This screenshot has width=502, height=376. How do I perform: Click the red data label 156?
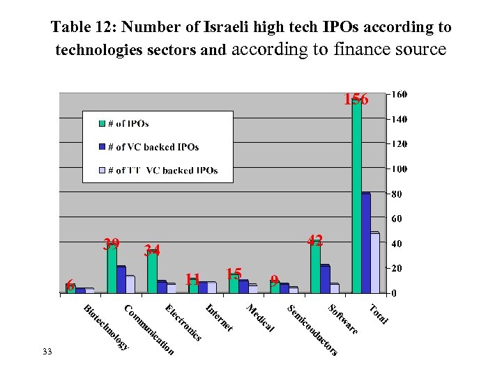tap(355, 100)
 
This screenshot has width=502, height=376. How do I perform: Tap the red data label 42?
tap(315, 241)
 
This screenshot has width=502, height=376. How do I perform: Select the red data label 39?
tap(111, 244)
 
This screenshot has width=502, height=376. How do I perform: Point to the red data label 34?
tap(152, 251)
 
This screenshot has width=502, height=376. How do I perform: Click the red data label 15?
tap(234, 273)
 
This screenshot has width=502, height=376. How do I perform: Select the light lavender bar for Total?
tap(374, 263)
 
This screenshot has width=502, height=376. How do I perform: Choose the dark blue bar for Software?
tap(325, 279)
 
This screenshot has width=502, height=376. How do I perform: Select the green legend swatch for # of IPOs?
tap(101, 124)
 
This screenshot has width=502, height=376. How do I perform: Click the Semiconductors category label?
tap(312, 330)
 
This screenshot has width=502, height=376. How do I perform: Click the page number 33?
tap(47, 352)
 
